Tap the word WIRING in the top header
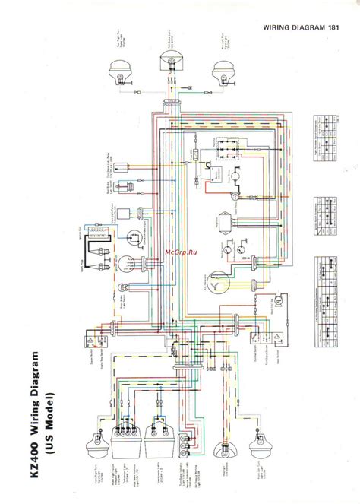pos(282,28)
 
